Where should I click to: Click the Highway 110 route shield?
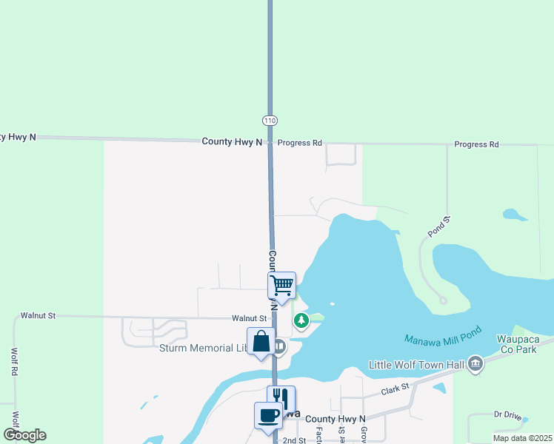[270, 120]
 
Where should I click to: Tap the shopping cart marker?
[281, 284]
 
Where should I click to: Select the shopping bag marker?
[261, 342]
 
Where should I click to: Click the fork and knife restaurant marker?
[281, 399]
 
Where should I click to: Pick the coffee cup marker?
[267, 414]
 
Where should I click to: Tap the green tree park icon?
[301, 320]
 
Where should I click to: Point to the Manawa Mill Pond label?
[443, 339]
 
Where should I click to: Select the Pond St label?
[438, 226]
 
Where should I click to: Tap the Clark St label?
[395, 388]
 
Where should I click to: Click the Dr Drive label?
[507, 414]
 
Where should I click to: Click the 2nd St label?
[294, 440]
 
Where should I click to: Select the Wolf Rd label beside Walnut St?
[14, 362]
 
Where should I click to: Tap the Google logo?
[25, 435]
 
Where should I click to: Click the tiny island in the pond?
[332, 303]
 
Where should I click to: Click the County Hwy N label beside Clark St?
[336, 419]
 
